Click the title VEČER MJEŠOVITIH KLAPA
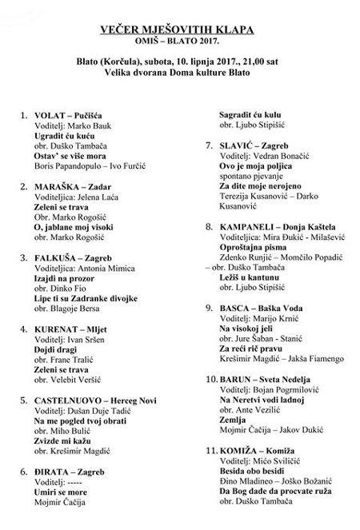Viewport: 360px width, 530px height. tap(180, 30)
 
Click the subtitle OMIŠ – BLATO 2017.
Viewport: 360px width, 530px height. tap(180, 43)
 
